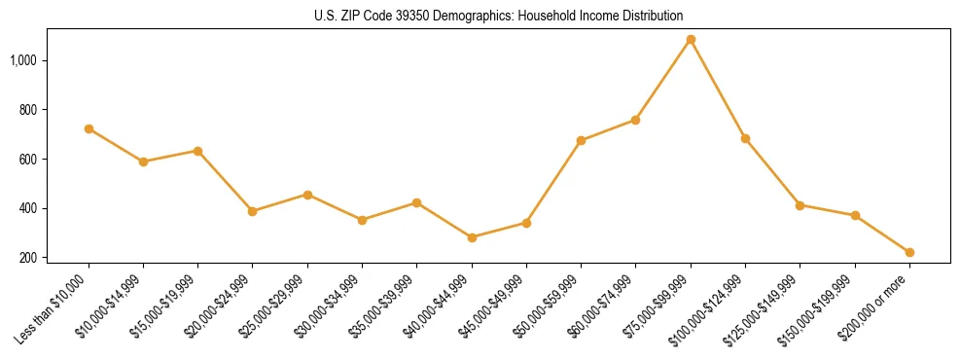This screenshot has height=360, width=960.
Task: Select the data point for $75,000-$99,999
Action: point(691,40)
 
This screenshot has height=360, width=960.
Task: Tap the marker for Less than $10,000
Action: point(89,128)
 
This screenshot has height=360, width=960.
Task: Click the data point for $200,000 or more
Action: point(909,252)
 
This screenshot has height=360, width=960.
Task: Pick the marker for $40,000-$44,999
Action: point(472,237)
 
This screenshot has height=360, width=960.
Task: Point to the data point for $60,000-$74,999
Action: point(635,120)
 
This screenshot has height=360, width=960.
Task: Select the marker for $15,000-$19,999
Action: point(197,151)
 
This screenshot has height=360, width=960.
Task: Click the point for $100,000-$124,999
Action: point(745,138)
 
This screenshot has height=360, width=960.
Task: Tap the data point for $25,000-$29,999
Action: point(307,195)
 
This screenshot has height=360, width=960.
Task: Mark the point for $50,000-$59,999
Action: point(581,140)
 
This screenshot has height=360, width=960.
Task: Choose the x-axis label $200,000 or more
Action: point(881,305)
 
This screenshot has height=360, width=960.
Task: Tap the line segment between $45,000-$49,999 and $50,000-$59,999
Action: point(553,182)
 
